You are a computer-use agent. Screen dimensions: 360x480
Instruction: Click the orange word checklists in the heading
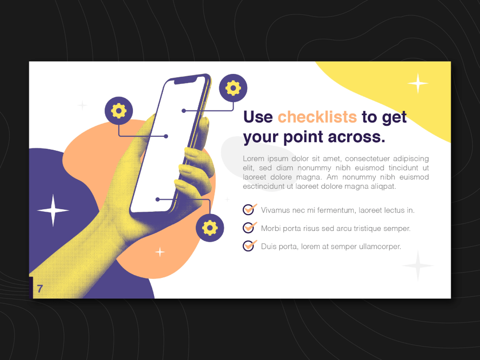pyautogui.click(x=317, y=117)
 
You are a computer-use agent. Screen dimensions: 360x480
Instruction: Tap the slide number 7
pyautogui.click(x=40, y=289)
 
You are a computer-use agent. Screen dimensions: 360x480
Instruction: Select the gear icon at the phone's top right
pyautogui.click(x=233, y=88)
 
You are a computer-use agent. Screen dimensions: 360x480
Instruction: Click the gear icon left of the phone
pyautogui.click(x=119, y=111)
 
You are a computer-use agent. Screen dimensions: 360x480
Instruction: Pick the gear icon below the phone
pyautogui.click(x=210, y=228)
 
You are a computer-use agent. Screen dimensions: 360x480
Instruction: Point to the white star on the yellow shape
pyautogui.click(x=418, y=83)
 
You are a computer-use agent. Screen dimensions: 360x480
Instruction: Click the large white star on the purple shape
pyautogui.click(x=53, y=210)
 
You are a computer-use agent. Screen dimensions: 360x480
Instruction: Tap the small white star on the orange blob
pyautogui.click(x=160, y=252)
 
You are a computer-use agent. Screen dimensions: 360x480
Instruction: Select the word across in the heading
pyautogui.click(x=356, y=137)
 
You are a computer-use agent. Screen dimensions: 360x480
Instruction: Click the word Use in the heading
pyautogui.click(x=258, y=117)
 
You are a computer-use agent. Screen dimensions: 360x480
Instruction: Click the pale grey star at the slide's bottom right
pyautogui.click(x=418, y=265)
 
